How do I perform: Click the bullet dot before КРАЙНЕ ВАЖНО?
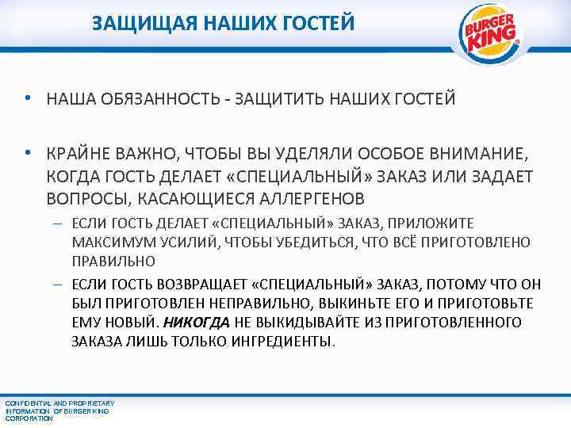pos(28,152)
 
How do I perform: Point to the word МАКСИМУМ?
pos(107,242)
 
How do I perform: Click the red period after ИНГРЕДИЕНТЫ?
pos(335,343)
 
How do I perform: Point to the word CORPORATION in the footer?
pos(29,418)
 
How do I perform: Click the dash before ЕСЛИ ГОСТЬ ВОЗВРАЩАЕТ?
pos(58,283)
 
